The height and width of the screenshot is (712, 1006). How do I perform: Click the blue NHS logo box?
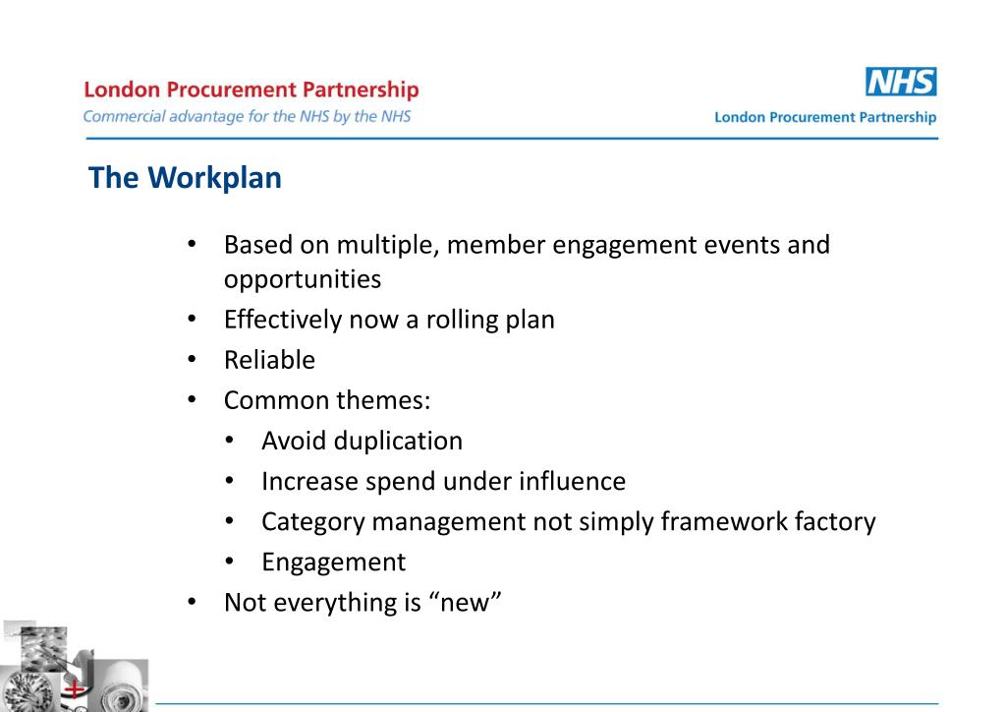coord(901,82)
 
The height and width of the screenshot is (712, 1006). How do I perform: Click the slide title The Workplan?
coord(185,178)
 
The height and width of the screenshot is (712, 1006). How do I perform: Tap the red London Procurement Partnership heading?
coord(251,90)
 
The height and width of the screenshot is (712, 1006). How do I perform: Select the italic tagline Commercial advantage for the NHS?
coord(247,116)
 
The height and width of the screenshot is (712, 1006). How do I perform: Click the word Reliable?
coord(269,360)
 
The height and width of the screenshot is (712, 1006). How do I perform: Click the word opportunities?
coord(302,279)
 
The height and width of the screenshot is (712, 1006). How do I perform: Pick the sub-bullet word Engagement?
coord(333,562)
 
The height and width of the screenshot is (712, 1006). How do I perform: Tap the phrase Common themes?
coord(327,400)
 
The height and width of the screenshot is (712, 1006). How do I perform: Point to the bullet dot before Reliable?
coord(193,360)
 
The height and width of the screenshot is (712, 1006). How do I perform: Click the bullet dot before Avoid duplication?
coord(229,441)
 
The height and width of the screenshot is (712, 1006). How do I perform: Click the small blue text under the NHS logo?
coord(825,117)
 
